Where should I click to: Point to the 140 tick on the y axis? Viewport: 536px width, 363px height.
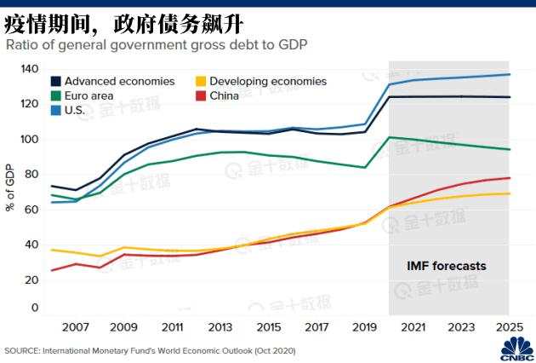(30, 69)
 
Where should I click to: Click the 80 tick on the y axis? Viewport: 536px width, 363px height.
(32, 175)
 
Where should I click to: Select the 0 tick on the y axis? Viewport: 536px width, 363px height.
(35, 308)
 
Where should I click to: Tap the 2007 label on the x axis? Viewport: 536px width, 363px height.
(76, 327)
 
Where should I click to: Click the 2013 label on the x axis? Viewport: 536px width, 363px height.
(220, 327)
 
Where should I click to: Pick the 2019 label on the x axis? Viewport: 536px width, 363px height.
(364, 327)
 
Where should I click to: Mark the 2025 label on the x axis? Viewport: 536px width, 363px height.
(508, 327)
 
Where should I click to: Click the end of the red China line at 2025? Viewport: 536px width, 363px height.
(509, 178)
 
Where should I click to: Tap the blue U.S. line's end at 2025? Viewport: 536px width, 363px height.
(509, 75)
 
